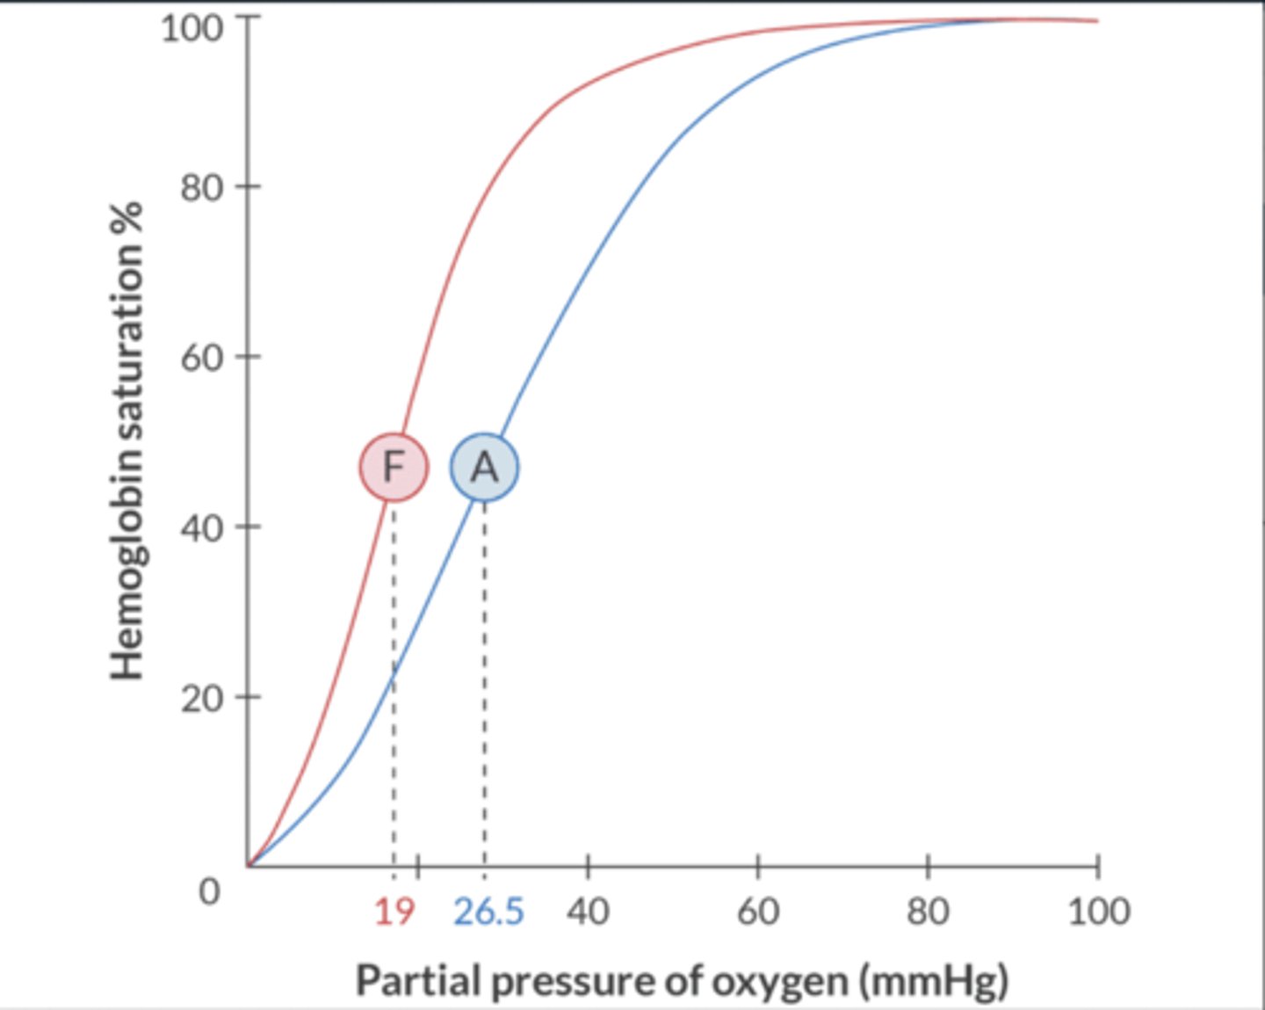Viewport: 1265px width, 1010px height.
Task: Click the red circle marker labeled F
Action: [x=394, y=467]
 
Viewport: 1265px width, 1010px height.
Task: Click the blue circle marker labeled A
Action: [x=484, y=468]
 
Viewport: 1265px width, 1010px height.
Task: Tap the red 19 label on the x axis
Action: [x=394, y=912]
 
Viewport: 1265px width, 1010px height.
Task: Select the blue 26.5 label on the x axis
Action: [x=488, y=912]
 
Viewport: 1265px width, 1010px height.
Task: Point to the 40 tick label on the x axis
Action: [x=588, y=912]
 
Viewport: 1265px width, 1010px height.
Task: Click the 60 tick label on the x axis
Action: [x=757, y=912]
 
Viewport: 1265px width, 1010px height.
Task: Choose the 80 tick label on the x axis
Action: [x=928, y=912]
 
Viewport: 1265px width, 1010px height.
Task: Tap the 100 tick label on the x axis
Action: [x=1098, y=912]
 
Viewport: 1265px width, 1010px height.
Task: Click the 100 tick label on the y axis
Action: [x=192, y=28]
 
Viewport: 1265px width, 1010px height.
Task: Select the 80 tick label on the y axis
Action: [x=201, y=187]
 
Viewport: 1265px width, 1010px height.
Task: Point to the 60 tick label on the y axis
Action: [x=201, y=358]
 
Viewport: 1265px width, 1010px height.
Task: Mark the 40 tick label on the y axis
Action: [x=201, y=528]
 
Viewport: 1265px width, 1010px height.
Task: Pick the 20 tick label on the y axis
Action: [x=201, y=699]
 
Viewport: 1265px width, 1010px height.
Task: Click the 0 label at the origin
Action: [x=209, y=891]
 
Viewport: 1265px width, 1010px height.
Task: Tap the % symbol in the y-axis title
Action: [x=127, y=216]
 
